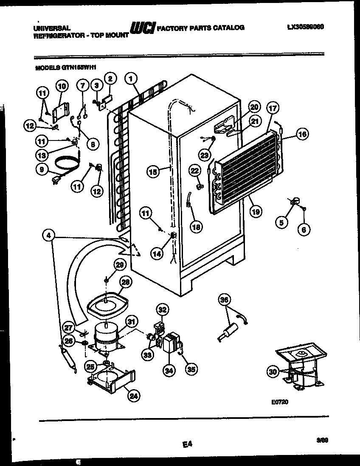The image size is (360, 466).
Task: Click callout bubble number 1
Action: (132, 79)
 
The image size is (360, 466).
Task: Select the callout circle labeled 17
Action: (272, 108)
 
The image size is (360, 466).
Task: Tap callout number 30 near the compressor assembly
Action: (273, 372)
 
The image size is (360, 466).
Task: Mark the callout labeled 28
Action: (126, 282)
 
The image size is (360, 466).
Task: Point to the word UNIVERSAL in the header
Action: (49, 28)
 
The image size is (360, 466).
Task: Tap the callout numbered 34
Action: (169, 371)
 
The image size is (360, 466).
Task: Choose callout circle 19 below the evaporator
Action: (255, 211)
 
